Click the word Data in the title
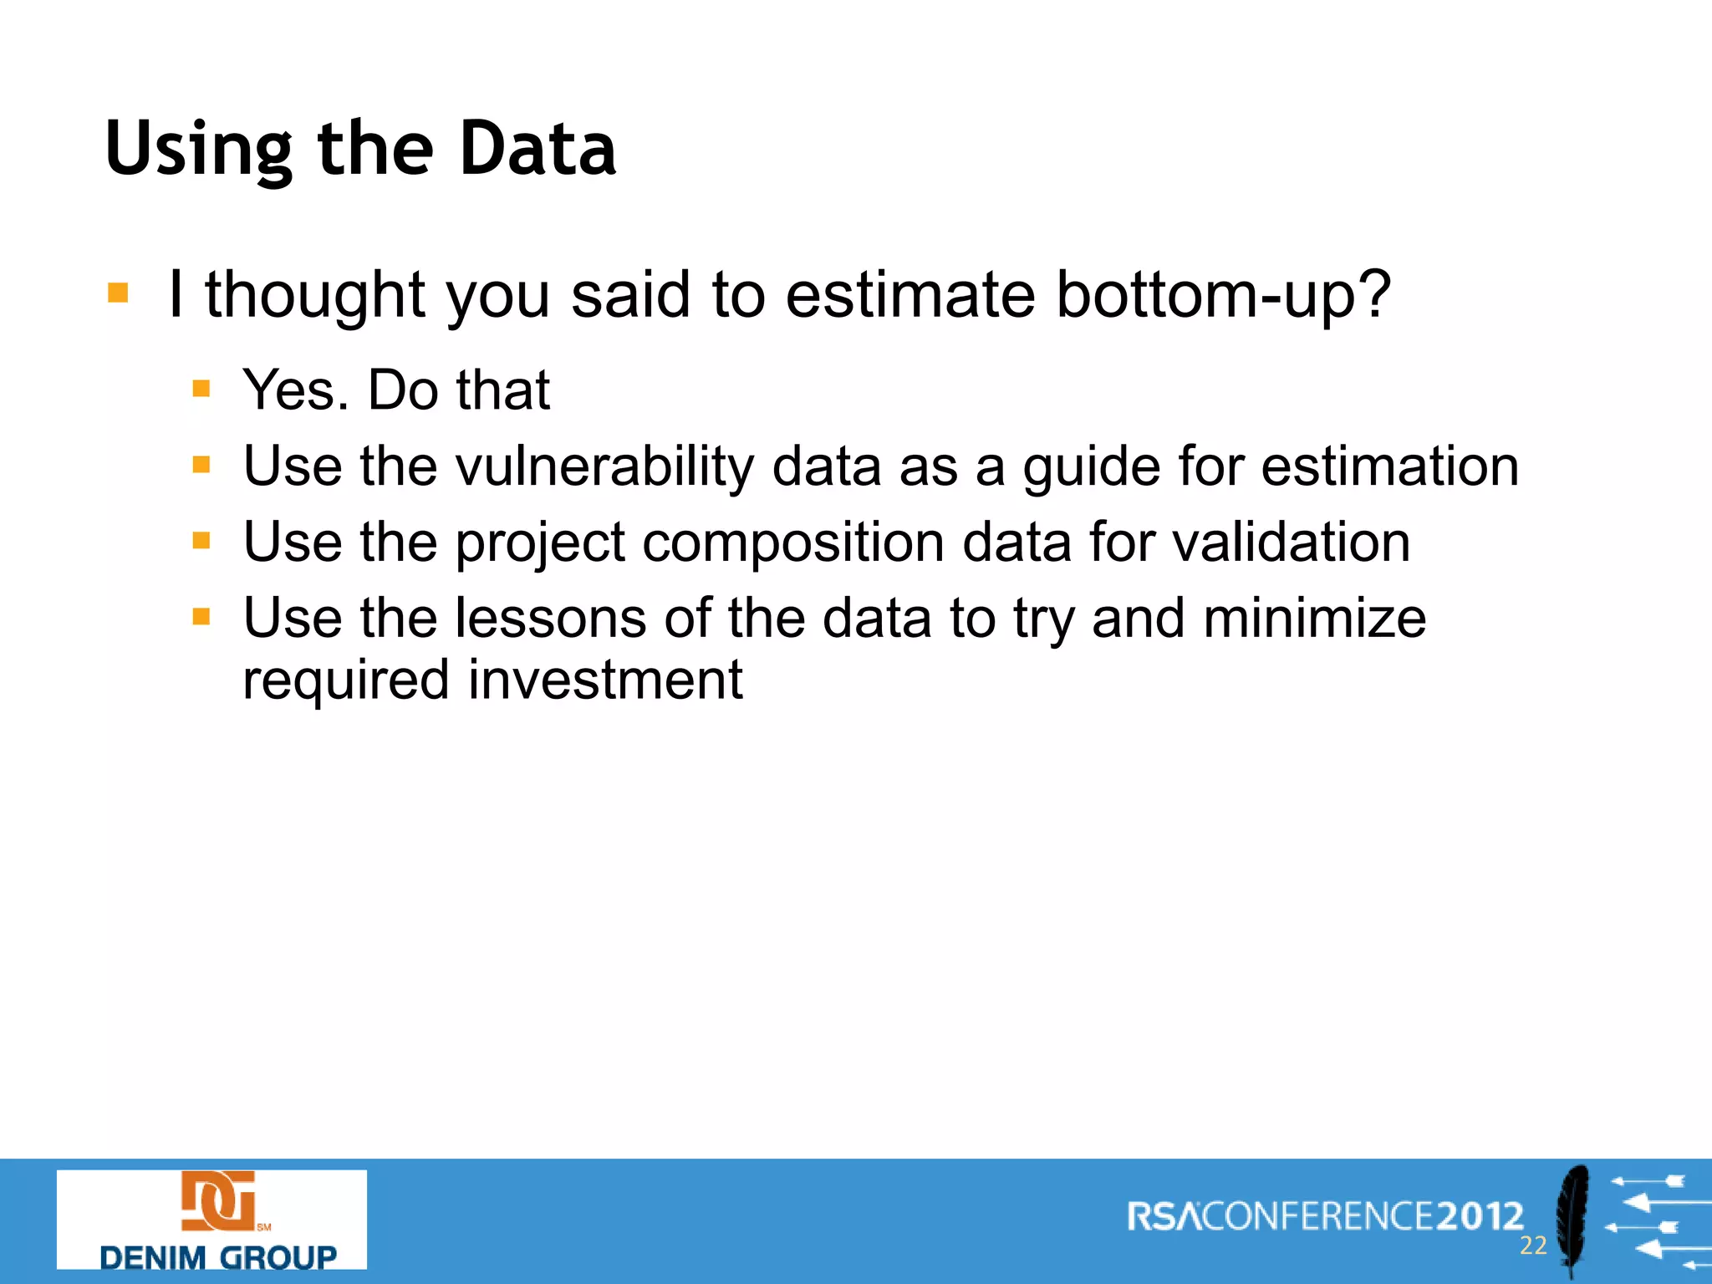(538, 149)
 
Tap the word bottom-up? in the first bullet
(1223, 296)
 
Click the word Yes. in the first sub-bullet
(296, 390)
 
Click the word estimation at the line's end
(1389, 466)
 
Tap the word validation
(1291, 543)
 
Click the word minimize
(1314, 619)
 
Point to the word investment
(604, 680)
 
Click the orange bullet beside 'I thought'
(118, 293)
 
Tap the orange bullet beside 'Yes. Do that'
(201, 389)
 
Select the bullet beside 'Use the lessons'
(201, 617)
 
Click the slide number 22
(1532, 1246)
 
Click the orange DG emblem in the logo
(218, 1201)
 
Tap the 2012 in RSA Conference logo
(1480, 1216)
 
